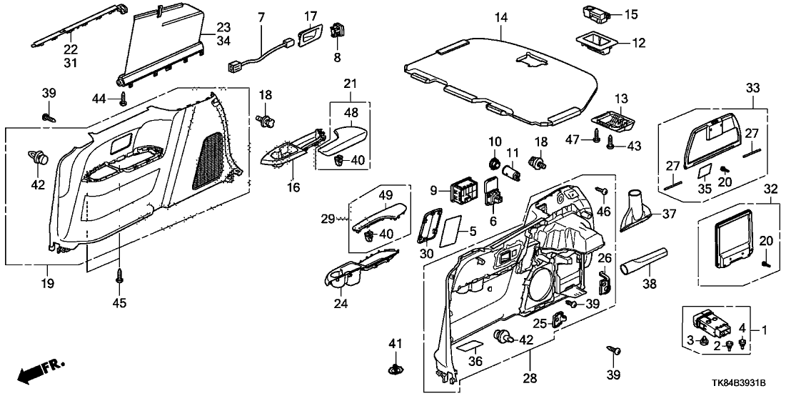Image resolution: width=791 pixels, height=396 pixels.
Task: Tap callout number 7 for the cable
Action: pyautogui.click(x=261, y=16)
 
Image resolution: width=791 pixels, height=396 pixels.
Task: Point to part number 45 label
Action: pyautogui.click(x=119, y=303)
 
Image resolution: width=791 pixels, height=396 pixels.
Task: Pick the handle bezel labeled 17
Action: pyautogui.click(x=309, y=34)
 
